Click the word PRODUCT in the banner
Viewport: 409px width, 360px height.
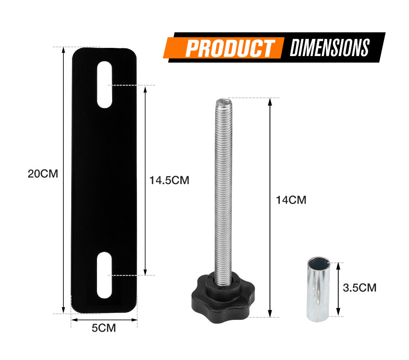point(229,48)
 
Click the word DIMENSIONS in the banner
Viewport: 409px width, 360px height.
point(330,47)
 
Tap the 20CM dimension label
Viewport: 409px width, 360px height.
point(43,173)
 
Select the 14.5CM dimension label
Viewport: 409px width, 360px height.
point(169,180)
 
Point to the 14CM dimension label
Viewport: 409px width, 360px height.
point(291,200)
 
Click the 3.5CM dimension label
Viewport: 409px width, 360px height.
point(360,288)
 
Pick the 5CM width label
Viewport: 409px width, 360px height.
point(104,328)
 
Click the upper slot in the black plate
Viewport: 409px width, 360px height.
point(105,85)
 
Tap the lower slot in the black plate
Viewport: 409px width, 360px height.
point(104,274)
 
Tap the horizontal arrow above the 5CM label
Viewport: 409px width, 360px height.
point(104,319)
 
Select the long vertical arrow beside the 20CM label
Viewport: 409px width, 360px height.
point(63,180)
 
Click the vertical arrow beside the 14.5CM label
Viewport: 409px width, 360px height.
point(145,180)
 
